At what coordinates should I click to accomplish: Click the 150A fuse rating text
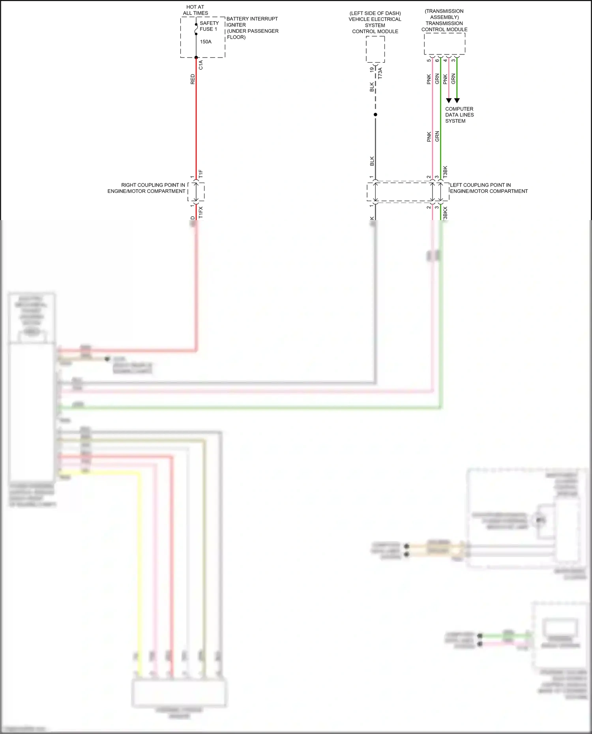click(x=206, y=42)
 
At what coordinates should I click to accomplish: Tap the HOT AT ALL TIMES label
click(x=195, y=10)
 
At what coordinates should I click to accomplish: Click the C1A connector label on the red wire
click(x=201, y=65)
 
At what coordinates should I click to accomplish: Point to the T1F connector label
click(x=201, y=174)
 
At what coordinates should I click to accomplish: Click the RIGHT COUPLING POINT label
click(x=146, y=188)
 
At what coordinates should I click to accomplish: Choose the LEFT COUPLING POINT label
click(x=489, y=188)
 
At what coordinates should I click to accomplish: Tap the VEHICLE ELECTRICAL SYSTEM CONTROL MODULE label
click(x=375, y=22)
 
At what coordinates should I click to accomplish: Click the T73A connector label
click(x=380, y=73)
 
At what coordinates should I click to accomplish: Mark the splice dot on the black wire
click(x=375, y=115)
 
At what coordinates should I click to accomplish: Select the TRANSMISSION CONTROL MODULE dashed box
click(x=444, y=44)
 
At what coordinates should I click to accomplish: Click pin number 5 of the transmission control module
click(x=429, y=60)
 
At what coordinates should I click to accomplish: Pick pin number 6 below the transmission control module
click(x=437, y=60)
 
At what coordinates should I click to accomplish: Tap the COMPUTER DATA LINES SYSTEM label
click(x=459, y=115)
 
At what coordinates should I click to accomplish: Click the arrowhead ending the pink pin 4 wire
click(x=449, y=101)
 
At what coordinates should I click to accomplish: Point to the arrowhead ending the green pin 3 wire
click(x=457, y=101)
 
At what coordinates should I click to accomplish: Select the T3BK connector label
click(x=445, y=172)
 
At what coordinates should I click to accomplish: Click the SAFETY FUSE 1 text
click(x=209, y=26)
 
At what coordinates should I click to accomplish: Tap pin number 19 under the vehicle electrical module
click(x=372, y=69)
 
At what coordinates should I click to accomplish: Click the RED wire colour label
click(x=193, y=79)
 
